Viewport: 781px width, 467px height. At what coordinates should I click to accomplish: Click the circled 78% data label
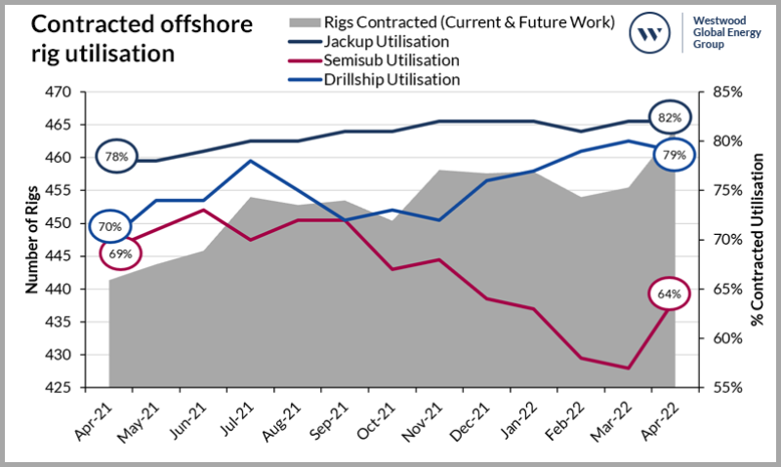click(x=117, y=156)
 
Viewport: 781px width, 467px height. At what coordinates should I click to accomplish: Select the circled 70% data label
click(x=109, y=227)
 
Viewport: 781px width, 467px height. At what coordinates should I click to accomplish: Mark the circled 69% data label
click(x=121, y=253)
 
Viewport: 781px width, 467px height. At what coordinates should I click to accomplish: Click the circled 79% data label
click(x=674, y=155)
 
